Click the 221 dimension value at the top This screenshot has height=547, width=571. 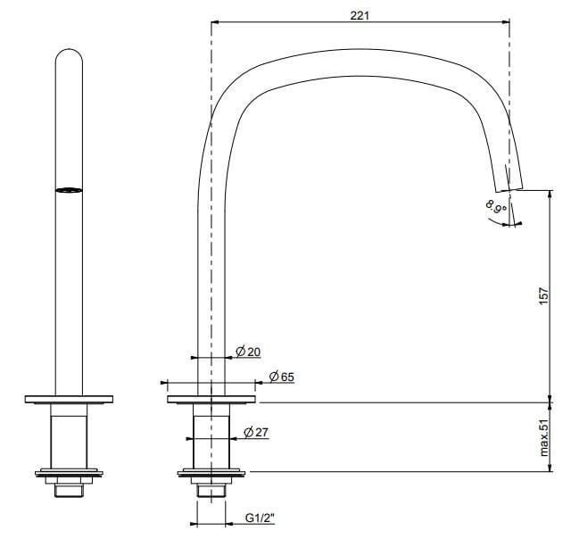[360, 15]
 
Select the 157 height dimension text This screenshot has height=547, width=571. [543, 297]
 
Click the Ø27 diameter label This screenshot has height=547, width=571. [257, 433]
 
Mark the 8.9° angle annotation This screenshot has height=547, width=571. [495, 212]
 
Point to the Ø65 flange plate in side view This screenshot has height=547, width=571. [211, 397]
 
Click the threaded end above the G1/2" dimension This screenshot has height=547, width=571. [211, 488]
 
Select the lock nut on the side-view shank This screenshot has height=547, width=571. [211, 472]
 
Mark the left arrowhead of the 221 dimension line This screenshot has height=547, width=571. [214, 25]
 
